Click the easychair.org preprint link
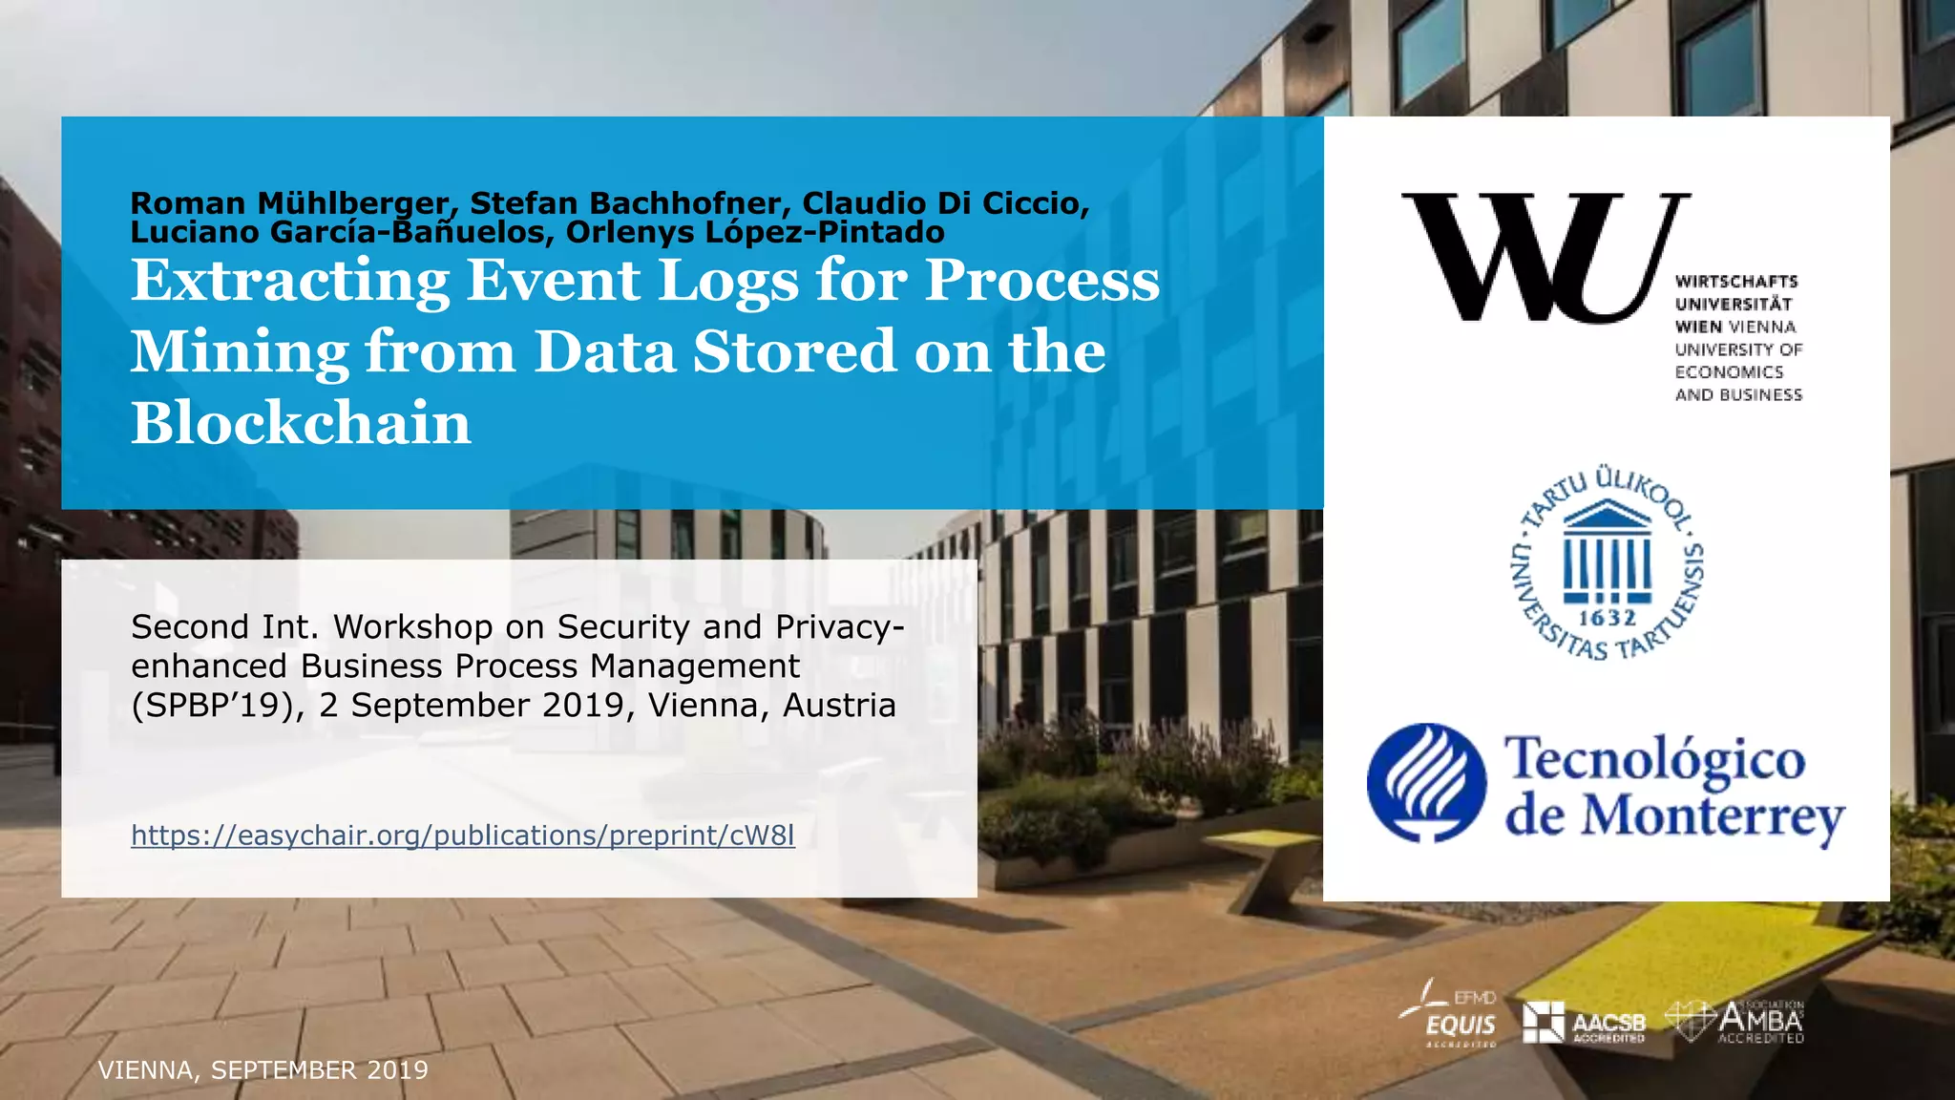pos(462,836)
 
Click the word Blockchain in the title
pos(301,423)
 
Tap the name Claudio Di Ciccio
pos(945,203)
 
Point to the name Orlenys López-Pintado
pos(755,232)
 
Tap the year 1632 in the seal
pos(1608,619)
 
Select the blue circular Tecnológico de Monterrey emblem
pos(1426,782)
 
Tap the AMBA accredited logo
pos(1736,1022)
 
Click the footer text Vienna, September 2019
pos(263,1070)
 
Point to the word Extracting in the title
pos(290,281)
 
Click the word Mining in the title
pos(240,352)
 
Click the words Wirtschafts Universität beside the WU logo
pos(1735,292)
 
